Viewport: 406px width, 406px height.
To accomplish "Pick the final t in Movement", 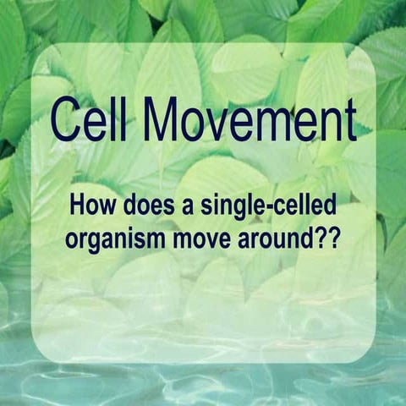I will (348, 120).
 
